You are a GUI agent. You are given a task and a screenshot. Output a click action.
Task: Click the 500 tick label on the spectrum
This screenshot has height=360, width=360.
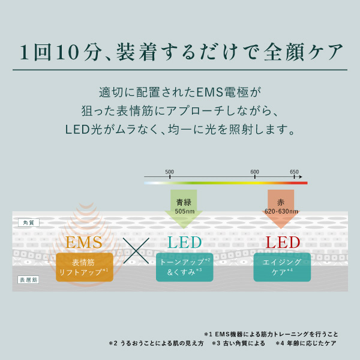[169, 172]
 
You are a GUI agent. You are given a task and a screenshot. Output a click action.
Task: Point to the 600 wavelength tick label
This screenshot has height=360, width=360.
[254, 172]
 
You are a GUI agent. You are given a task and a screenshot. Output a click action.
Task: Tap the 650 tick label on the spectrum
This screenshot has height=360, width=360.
[294, 172]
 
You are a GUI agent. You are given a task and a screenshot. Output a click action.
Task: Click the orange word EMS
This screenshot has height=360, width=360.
[84, 243]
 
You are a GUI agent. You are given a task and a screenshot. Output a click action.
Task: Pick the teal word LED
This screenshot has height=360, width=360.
[184, 243]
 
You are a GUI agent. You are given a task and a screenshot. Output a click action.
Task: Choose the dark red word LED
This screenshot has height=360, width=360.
[283, 243]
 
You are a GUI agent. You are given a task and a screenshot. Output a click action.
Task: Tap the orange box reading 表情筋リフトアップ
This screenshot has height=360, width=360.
[85, 268]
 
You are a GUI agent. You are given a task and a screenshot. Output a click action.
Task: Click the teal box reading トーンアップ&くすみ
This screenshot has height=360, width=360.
[184, 268]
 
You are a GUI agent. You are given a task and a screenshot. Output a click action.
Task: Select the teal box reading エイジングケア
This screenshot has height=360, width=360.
[281, 268]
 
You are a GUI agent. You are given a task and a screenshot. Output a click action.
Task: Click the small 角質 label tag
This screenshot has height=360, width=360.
[28, 223]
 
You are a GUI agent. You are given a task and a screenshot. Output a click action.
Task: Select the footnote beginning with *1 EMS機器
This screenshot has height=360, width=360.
[271, 334]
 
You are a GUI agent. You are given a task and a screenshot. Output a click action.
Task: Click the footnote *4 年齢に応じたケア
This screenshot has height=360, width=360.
[306, 344]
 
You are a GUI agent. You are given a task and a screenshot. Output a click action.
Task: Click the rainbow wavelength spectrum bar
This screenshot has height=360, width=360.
[226, 182]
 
